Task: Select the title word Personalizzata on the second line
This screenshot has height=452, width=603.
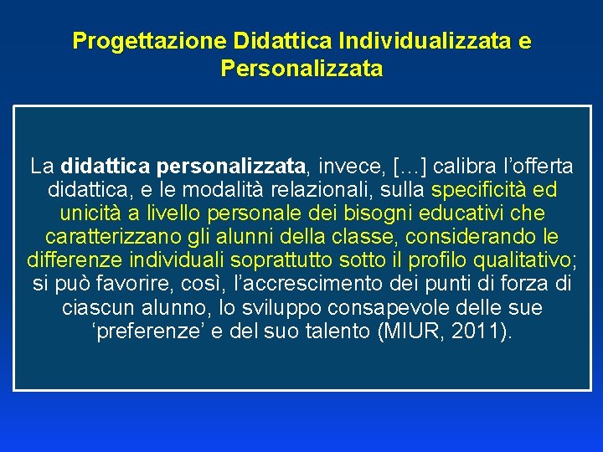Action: tap(301, 69)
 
